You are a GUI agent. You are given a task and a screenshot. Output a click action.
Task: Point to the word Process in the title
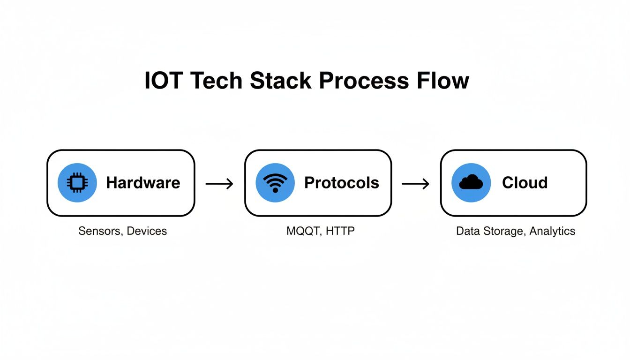358,81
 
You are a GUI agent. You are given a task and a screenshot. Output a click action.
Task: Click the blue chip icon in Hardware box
77,183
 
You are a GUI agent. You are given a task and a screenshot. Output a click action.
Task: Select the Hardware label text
143,183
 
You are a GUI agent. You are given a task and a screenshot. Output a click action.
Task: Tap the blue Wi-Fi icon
275,183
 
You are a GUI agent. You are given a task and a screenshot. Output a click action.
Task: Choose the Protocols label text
341,183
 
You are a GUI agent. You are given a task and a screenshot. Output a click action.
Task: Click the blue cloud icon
471,182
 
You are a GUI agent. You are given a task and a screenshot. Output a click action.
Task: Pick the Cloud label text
525,183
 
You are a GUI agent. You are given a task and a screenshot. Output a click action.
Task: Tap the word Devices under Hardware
147,231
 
